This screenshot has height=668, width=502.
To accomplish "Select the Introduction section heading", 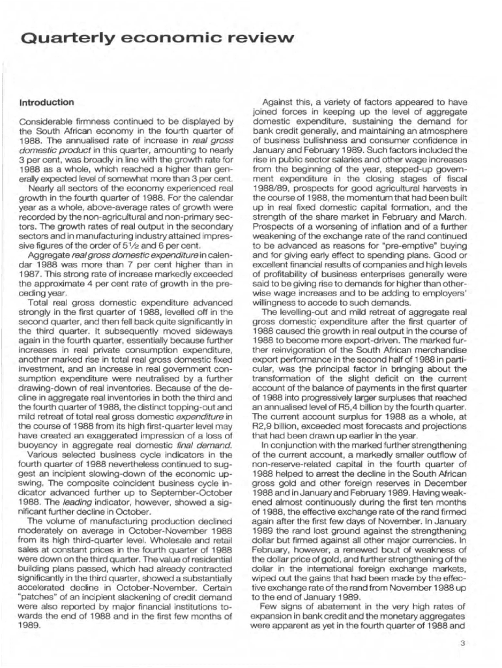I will point(46,102).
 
